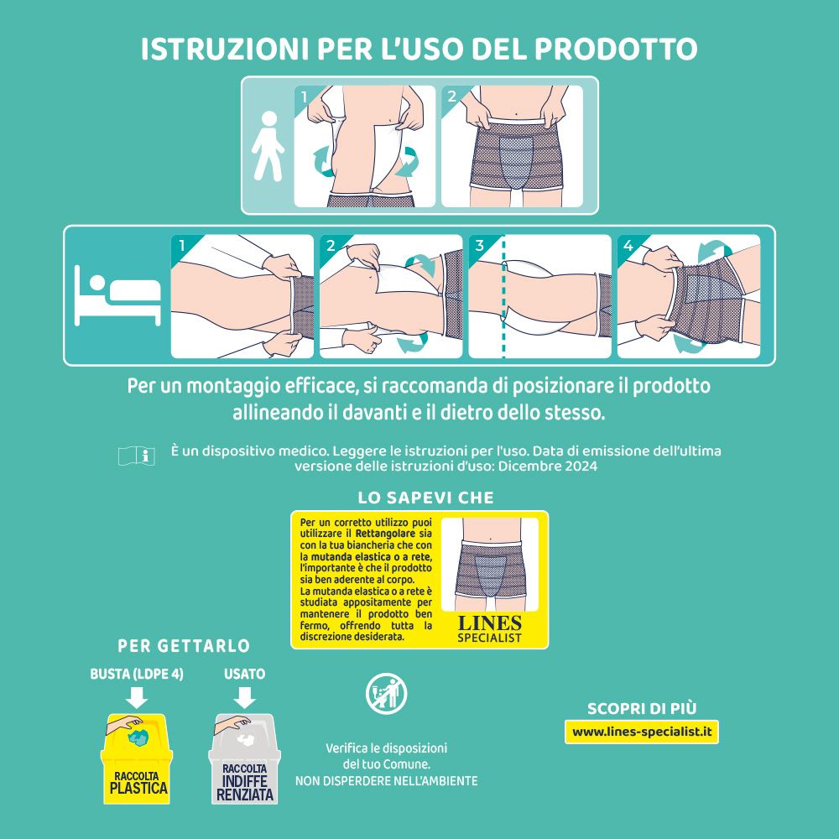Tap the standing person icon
click(268, 146)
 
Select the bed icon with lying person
click(117, 295)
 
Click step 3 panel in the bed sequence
click(539, 296)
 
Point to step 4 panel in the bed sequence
click(689, 296)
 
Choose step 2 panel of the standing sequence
click(513, 146)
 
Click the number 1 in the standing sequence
click(305, 96)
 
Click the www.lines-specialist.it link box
click(642, 732)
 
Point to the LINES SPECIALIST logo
click(489, 628)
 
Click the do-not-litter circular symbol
click(387, 692)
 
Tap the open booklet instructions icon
click(136, 456)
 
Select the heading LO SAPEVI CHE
click(425, 497)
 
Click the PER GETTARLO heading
click(184, 646)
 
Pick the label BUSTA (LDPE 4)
click(137, 674)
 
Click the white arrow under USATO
click(245, 696)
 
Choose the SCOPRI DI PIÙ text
click(642, 708)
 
